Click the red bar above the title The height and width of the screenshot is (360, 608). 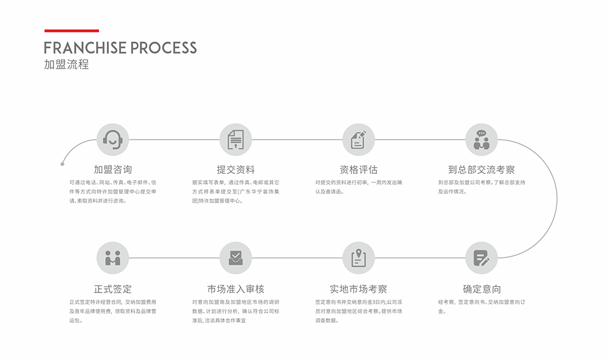(x=72, y=30)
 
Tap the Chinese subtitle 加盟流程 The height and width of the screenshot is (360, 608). (x=66, y=64)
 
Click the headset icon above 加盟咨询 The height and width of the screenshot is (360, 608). (x=112, y=139)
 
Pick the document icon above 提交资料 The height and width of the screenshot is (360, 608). (x=235, y=139)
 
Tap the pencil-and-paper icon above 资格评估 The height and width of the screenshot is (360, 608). (x=358, y=139)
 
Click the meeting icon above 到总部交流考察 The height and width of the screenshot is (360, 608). (x=481, y=139)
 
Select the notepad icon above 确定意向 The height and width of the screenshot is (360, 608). (x=481, y=258)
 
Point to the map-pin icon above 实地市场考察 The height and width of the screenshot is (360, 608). (x=358, y=258)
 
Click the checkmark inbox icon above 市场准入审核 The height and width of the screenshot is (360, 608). (x=235, y=258)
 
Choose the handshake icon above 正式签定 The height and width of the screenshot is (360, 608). (x=112, y=258)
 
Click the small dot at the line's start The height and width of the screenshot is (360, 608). (x=62, y=164)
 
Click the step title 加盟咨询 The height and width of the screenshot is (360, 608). (x=112, y=170)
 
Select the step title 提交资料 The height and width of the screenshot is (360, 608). (x=235, y=170)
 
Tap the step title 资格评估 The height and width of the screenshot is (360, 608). (x=358, y=170)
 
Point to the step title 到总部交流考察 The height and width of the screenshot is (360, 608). (x=481, y=170)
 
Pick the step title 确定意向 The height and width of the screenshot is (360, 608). (x=481, y=289)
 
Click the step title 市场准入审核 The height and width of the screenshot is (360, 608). (x=235, y=289)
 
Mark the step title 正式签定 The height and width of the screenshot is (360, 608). (x=112, y=289)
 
